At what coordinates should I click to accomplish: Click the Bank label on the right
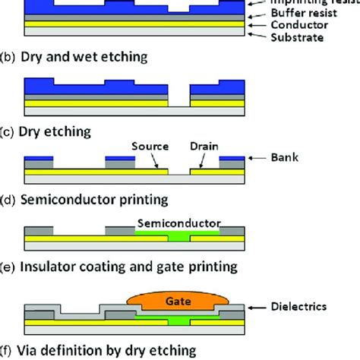coord(285,159)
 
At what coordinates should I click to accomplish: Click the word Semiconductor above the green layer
coord(177,224)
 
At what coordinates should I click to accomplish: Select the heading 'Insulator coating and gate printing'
coord(126,267)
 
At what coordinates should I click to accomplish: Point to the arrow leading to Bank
coord(258,159)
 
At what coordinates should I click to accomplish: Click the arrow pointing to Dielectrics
coord(258,308)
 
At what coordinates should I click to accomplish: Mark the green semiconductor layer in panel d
coord(178,238)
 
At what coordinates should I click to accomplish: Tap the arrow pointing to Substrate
coord(253,36)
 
